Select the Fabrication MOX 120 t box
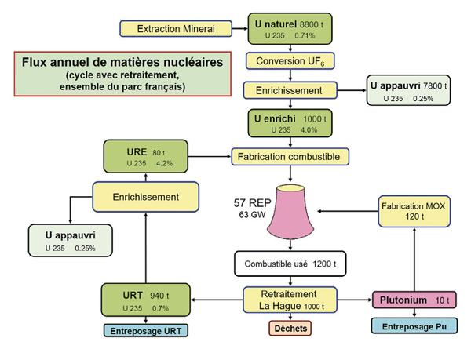[414, 209]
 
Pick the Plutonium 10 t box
[414, 300]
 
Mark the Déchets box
[290, 328]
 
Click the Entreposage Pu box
[414, 325]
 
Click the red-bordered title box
[122, 73]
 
